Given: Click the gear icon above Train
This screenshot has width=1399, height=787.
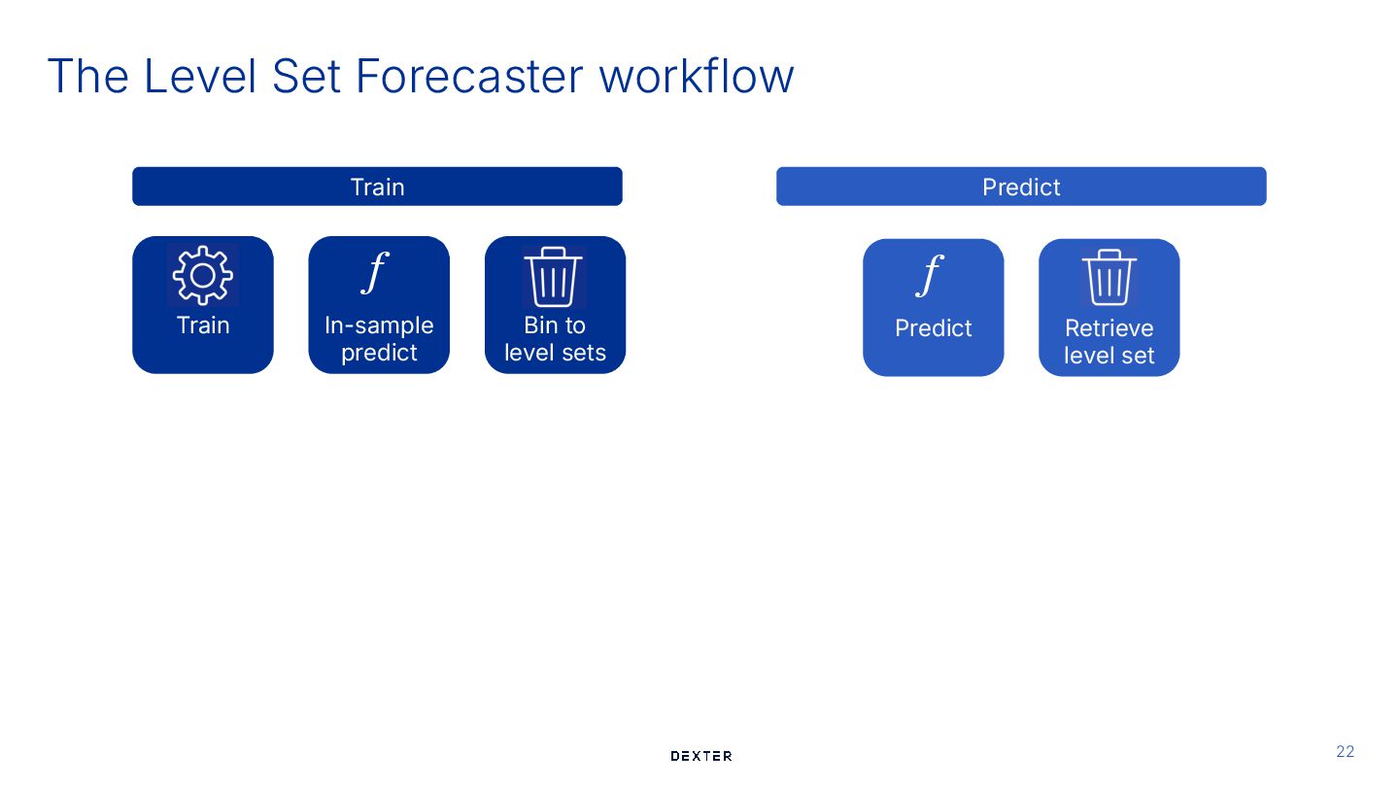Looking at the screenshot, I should pyautogui.click(x=203, y=276).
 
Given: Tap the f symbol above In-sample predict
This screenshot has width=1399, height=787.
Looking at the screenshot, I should pyautogui.click(x=374, y=272).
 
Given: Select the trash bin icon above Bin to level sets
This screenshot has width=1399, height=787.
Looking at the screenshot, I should pyautogui.click(x=554, y=277).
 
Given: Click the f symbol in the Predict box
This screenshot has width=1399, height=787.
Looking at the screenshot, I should pyautogui.click(x=930, y=275).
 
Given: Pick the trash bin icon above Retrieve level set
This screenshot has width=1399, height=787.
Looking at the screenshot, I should pyautogui.click(x=1109, y=278).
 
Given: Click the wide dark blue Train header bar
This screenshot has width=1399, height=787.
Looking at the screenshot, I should pyautogui.click(x=377, y=187).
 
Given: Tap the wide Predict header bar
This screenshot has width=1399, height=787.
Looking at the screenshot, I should pyautogui.click(x=1021, y=187).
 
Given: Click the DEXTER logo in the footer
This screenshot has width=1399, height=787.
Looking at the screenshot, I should pyautogui.click(x=701, y=756).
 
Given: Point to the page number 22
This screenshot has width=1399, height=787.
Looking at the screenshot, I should pyautogui.click(x=1346, y=751).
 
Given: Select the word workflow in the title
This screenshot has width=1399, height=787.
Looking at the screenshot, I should pyautogui.click(x=697, y=76).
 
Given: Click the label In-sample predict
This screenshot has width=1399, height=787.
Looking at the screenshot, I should pyautogui.click(x=379, y=339).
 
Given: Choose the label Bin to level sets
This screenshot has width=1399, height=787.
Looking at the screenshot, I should pyautogui.click(x=555, y=339).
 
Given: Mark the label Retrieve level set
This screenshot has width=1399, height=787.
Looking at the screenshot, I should pyautogui.click(x=1109, y=342).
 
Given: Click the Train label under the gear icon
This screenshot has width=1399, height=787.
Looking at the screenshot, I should pyautogui.click(x=203, y=325).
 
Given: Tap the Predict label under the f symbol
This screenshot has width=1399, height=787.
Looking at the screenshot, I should pyautogui.click(x=933, y=328).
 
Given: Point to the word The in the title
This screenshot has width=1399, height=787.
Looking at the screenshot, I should pyautogui.click(x=88, y=76).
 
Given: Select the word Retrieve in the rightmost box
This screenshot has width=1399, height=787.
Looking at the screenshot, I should pyautogui.click(x=1109, y=328).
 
